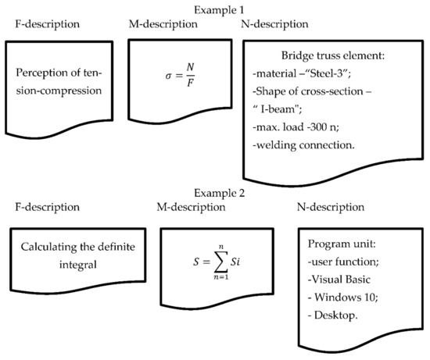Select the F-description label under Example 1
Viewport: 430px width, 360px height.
48,24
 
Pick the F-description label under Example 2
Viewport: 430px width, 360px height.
48,207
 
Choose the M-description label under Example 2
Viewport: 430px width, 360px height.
192,207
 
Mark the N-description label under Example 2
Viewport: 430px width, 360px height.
332,207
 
